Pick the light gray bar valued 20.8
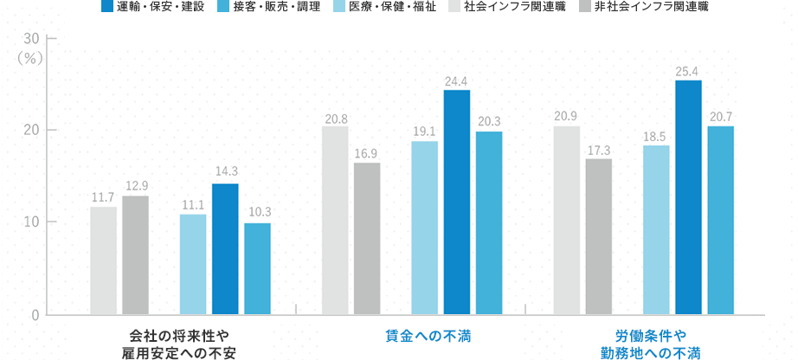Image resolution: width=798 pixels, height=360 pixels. (x=335, y=220)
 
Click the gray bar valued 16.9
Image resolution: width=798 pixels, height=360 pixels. (x=367, y=238)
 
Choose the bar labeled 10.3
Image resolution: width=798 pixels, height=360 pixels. (x=257, y=268)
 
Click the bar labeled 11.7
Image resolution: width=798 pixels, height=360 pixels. (x=103, y=260)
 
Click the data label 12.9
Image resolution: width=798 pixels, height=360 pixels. (x=135, y=185)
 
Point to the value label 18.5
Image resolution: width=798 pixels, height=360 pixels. (x=656, y=135)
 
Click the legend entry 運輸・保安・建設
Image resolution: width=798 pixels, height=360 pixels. (x=152, y=8)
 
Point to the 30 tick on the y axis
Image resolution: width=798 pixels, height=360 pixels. (x=31, y=39)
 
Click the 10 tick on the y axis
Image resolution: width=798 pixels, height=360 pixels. (x=31, y=222)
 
